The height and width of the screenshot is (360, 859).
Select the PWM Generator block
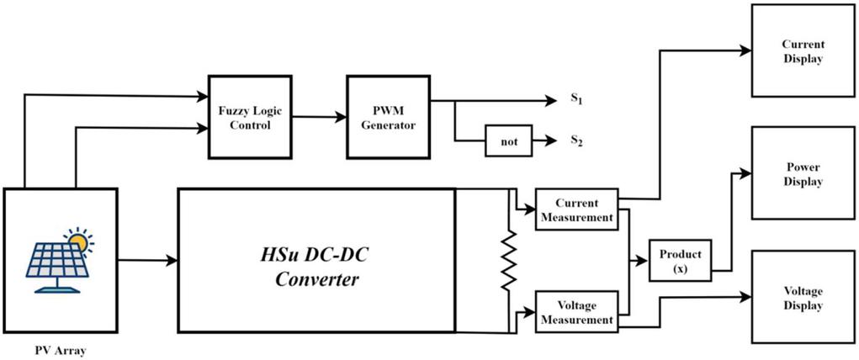click(x=383, y=117)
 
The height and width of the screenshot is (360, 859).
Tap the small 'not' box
click(x=509, y=142)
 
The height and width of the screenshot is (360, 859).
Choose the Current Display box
click(x=803, y=50)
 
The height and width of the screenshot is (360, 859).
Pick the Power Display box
click(x=803, y=175)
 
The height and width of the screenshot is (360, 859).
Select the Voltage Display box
click(x=803, y=298)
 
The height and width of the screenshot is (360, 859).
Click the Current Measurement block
click(x=577, y=210)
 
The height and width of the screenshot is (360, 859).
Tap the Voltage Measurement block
click(x=577, y=312)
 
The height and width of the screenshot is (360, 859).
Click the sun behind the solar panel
click(x=78, y=242)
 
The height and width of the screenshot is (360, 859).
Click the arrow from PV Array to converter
click(x=146, y=261)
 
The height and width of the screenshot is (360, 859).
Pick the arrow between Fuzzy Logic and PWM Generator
click(x=320, y=117)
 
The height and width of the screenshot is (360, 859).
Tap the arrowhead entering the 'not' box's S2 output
click(x=551, y=141)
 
